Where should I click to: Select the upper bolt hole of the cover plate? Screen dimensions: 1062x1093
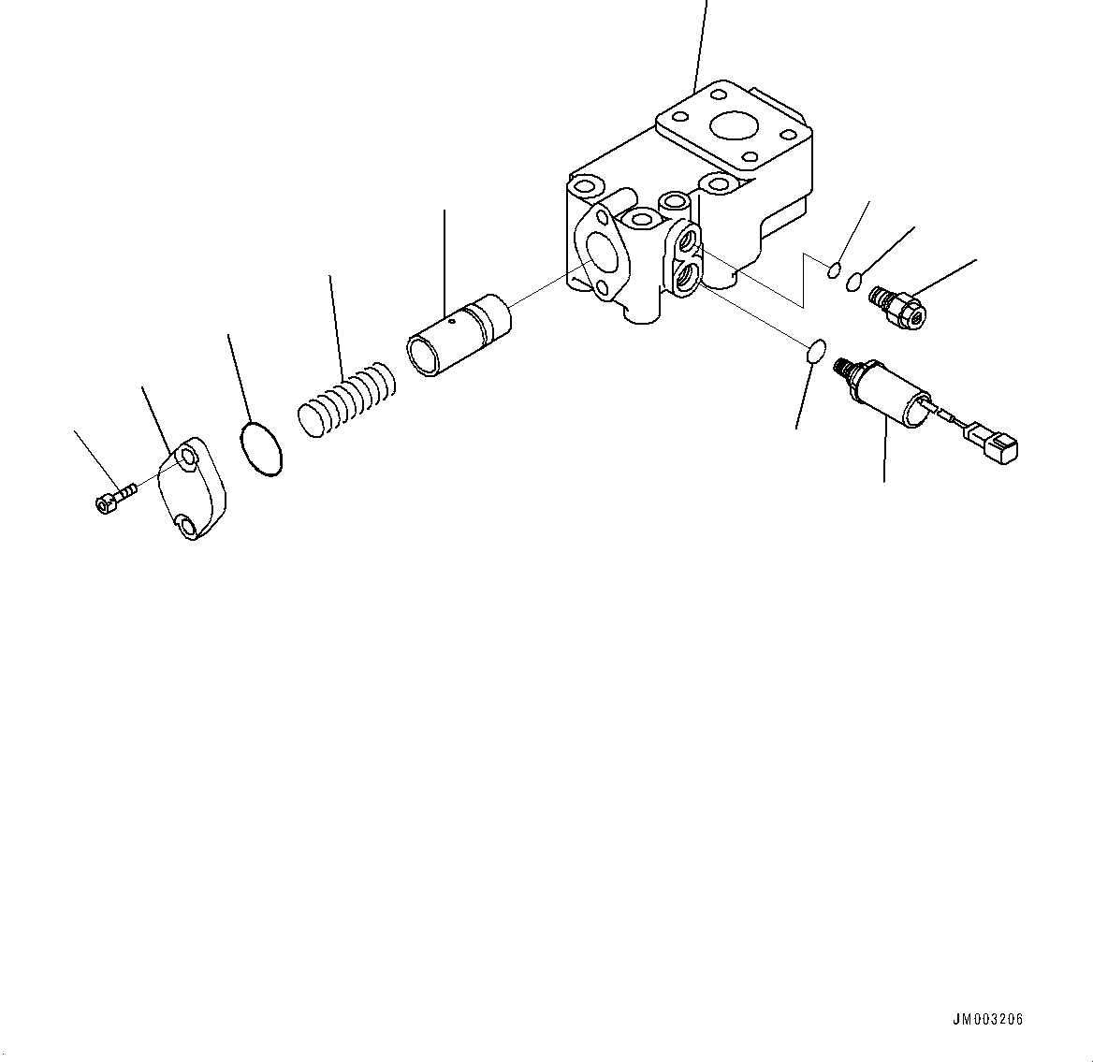[188, 458]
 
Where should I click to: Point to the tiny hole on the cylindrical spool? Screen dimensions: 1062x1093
[451, 320]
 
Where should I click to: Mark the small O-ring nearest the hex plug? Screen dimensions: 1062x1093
[854, 280]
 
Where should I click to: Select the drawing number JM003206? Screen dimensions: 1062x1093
[987, 1019]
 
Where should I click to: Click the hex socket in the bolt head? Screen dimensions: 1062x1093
[102, 504]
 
